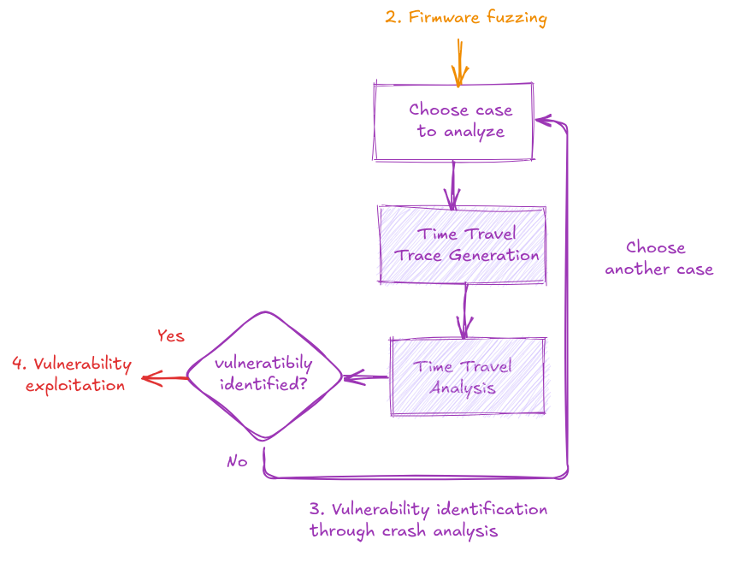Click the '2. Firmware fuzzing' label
tap(465, 17)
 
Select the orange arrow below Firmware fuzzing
tap(459, 62)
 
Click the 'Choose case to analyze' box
tap(453, 121)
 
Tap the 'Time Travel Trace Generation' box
tap(462, 245)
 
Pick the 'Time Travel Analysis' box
tap(467, 376)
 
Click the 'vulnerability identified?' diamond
tap(263, 375)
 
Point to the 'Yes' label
tap(171, 335)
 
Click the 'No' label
tap(237, 461)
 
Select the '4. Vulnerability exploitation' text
tap(73, 374)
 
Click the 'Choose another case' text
tap(658, 258)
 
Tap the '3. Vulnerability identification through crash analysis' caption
tap(428, 519)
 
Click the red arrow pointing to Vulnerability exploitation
tap(164, 378)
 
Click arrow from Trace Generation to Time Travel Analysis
tap(465, 311)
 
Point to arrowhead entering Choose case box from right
tap(542, 121)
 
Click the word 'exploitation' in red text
tap(75, 385)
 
